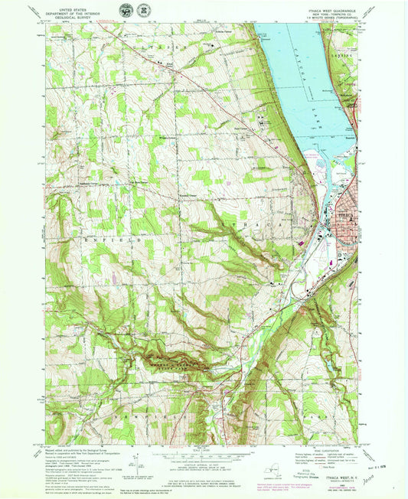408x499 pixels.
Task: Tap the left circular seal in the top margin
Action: click(x=125, y=13)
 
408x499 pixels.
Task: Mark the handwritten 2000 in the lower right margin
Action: click(x=380, y=475)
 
